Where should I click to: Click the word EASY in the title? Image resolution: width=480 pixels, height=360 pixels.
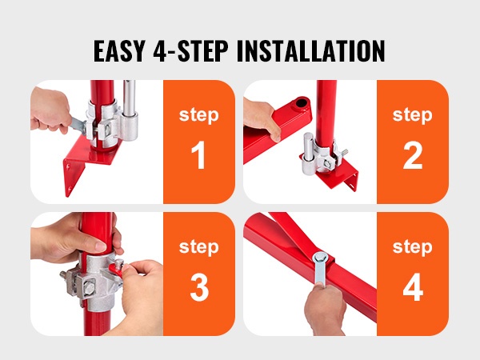[118, 51]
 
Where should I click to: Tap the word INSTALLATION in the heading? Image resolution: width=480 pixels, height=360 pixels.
[311, 51]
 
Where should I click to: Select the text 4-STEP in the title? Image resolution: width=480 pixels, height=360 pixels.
[190, 51]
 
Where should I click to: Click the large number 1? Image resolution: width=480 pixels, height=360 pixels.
[198, 155]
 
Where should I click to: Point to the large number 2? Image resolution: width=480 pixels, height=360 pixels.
[413, 155]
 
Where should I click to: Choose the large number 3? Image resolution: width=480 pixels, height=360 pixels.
[199, 287]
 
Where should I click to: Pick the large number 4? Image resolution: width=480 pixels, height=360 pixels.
[413, 287]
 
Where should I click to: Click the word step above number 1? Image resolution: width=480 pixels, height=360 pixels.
[199, 116]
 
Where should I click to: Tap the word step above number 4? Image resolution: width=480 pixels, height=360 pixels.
[413, 248]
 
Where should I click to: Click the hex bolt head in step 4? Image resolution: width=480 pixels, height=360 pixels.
[321, 258]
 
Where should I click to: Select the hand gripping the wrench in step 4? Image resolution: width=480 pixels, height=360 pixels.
[324, 308]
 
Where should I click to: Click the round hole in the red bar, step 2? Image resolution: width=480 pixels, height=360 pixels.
[302, 102]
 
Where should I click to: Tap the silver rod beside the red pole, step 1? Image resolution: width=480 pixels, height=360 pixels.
[130, 110]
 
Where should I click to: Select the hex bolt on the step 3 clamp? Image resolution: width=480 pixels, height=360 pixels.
[89, 287]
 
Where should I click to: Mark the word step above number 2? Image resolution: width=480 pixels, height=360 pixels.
[413, 116]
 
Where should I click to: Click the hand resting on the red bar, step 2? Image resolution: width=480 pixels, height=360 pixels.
[262, 119]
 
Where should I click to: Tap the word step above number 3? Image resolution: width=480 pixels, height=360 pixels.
[199, 248]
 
